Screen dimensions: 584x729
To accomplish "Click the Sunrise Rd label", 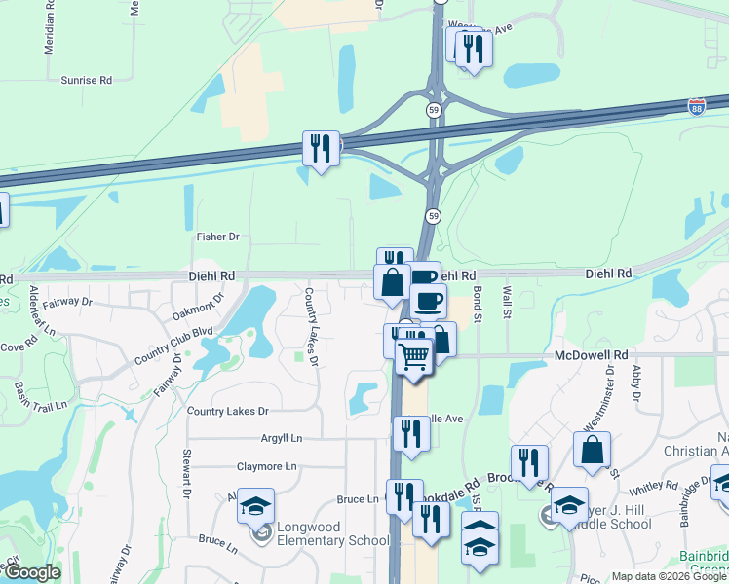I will [87, 80].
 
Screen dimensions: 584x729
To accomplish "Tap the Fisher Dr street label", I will [217, 237].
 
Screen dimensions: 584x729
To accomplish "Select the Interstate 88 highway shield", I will [697, 105].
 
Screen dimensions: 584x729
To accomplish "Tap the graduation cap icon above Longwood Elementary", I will [255, 506].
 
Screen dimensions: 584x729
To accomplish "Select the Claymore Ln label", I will [264, 466].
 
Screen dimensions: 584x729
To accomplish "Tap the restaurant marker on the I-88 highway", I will [321, 149].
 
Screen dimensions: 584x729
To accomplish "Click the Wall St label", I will [507, 301].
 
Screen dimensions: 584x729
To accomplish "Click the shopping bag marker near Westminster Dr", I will [592, 451].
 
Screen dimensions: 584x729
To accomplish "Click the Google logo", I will [31, 572].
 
